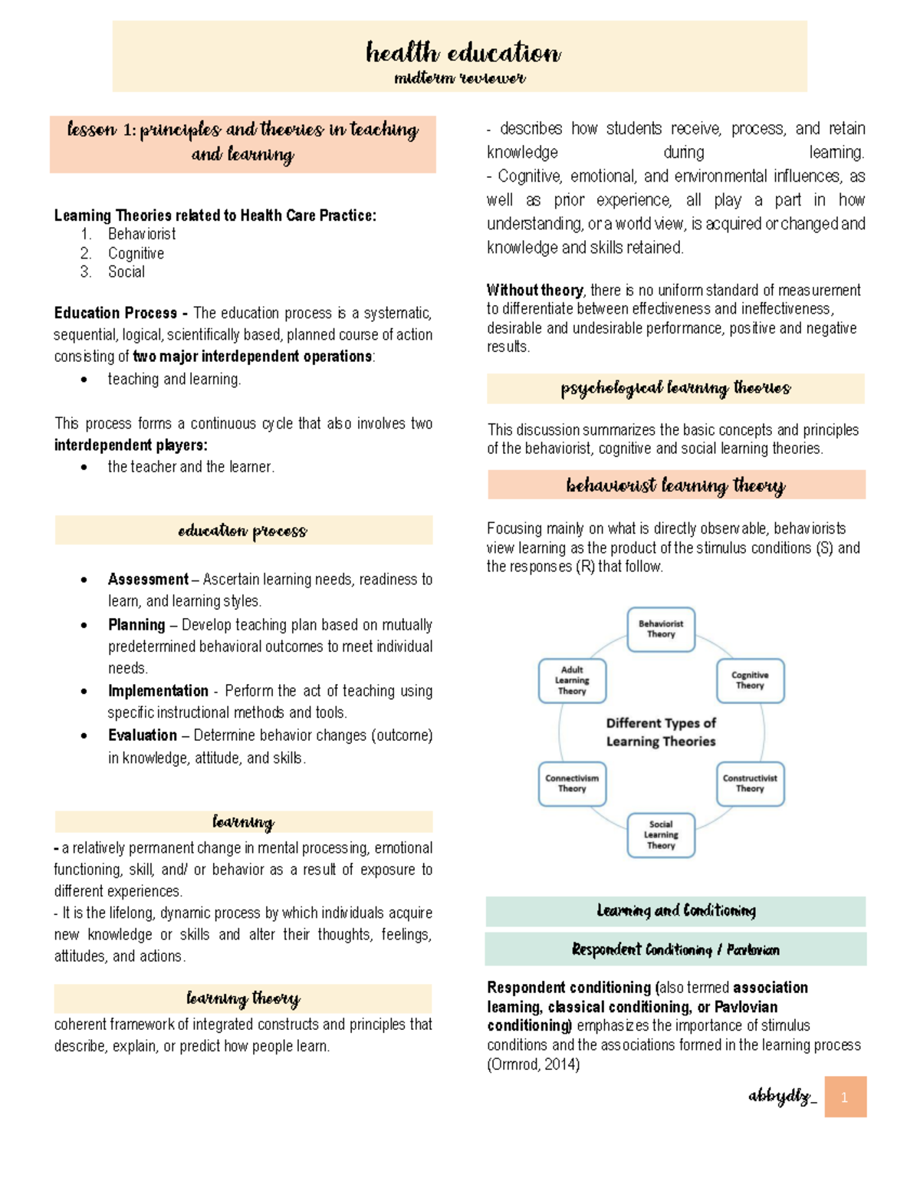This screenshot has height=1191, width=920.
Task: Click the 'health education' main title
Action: click(x=463, y=52)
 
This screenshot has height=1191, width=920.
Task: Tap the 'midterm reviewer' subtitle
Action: click(x=460, y=78)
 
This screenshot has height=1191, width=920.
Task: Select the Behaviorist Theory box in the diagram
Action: click(x=661, y=630)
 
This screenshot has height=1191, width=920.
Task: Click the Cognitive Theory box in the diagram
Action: click(x=750, y=680)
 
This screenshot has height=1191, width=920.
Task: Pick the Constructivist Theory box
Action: click(x=750, y=783)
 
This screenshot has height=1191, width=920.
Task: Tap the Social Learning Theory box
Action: click(x=661, y=834)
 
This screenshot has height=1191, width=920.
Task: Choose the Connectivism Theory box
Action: click(x=572, y=783)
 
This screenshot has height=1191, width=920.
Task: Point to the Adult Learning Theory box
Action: click(x=572, y=680)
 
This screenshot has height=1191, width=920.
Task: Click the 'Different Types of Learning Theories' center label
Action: click(x=661, y=732)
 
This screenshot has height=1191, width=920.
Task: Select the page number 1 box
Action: click(x=845, y=1097)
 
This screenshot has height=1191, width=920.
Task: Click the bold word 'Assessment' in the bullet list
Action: click(x=148, y=579)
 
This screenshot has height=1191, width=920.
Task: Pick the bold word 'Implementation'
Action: click(x=158, y=690)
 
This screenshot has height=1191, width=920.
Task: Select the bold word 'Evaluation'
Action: click(x=143, y=735)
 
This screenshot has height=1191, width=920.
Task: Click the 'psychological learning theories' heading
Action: click(x=675, y=388)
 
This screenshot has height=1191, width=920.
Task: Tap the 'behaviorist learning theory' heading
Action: click(x=675, y=485)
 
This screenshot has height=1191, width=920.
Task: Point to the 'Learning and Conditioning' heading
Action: click(x=675, y=910)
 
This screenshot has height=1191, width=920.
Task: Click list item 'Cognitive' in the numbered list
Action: click(x=136, y=253)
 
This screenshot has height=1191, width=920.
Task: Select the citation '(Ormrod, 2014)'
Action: click(x=534, y=1064)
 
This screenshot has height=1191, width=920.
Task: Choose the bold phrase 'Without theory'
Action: click(x=534, y=290)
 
